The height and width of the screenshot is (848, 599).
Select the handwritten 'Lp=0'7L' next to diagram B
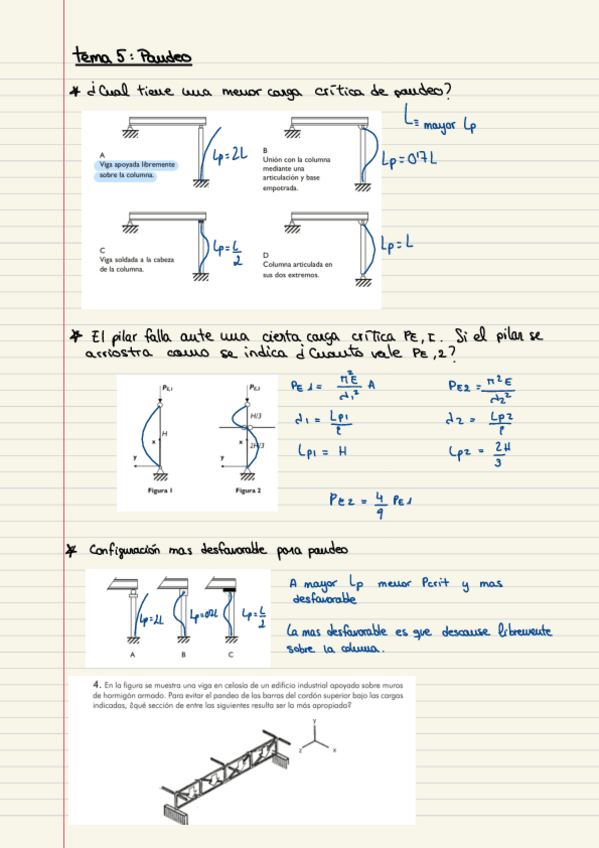410,158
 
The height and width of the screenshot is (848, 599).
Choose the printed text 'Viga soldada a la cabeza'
135,260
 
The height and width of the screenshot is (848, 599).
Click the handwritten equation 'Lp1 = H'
321,451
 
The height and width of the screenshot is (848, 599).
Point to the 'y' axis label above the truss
315,721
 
